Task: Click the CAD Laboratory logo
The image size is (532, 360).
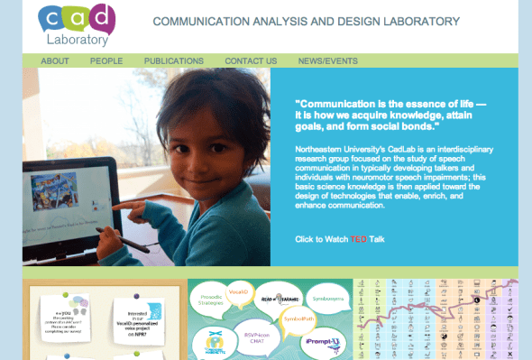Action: [x=78, y=24]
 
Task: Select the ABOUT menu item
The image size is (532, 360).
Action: [x=55, y=61]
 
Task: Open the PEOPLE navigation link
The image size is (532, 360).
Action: [x=106, y=61]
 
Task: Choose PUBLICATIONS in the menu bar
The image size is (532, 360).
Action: [x=174, y=61]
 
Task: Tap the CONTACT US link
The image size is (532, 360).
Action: [x=251, y=61]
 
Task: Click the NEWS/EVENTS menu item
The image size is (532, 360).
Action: [x=328, y=61]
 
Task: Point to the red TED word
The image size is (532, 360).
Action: [x=359, y=239]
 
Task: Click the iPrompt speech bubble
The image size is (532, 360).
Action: [x=324, y=342]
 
